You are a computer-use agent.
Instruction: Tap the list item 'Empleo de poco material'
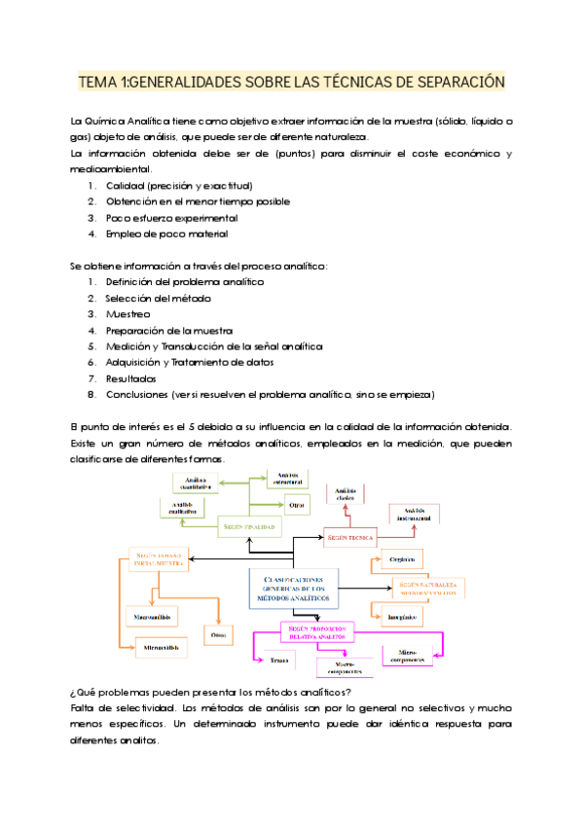pos(166,233)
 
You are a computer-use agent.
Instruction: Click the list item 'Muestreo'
pos(128,314)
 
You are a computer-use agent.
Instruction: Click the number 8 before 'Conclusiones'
pos(91,394)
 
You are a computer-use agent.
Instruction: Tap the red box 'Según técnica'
pos(352,536)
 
